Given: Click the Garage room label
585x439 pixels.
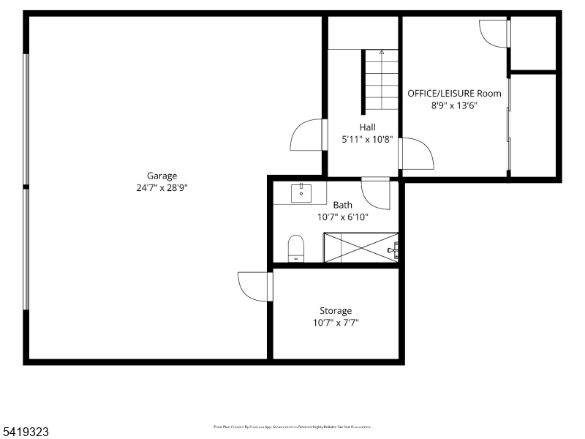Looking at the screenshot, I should pos(162,176).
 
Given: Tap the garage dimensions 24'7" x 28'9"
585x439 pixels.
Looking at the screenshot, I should pos(162,187).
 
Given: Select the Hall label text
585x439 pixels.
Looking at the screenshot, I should pos(367,127).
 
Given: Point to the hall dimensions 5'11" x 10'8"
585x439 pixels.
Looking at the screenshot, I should pos(368,139).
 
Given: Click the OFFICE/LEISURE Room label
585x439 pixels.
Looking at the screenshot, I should pos(454,93).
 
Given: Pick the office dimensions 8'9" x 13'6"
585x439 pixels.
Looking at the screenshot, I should pos(454,105).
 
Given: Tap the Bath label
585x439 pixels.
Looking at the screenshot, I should pos(342,206).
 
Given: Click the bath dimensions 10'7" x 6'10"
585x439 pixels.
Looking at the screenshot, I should pos(342,217).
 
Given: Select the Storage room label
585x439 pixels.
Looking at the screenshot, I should pos(336,311).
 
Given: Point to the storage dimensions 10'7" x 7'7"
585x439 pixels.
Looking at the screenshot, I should pos(336,323).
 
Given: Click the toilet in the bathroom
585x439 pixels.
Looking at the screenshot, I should pos(296,247).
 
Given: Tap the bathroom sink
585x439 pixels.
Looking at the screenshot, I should pos(301,194).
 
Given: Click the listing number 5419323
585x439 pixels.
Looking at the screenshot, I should pos(25,432).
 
